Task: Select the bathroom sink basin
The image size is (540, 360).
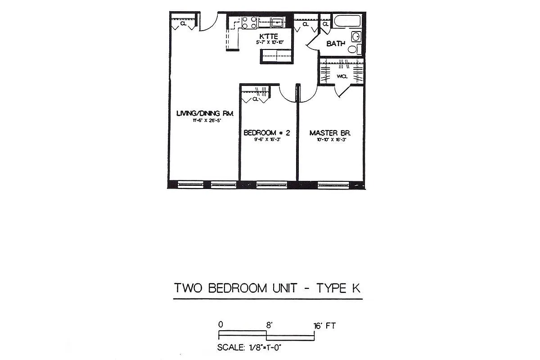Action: point(356,36)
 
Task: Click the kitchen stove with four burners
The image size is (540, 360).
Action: point(249,22)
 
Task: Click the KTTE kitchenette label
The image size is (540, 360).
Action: point(269,36)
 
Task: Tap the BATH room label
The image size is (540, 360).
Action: point(336,44)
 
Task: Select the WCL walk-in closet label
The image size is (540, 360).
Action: point(342,76)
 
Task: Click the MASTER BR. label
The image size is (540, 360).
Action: point(330,133)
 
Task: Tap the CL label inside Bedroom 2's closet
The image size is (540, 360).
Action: point(255,99)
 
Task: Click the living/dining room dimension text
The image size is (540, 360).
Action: point(207,121)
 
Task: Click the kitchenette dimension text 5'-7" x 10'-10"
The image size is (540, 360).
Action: point(270,42)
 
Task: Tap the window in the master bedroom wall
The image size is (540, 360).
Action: point(333,184)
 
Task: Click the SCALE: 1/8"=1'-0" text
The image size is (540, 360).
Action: point(249,347)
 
